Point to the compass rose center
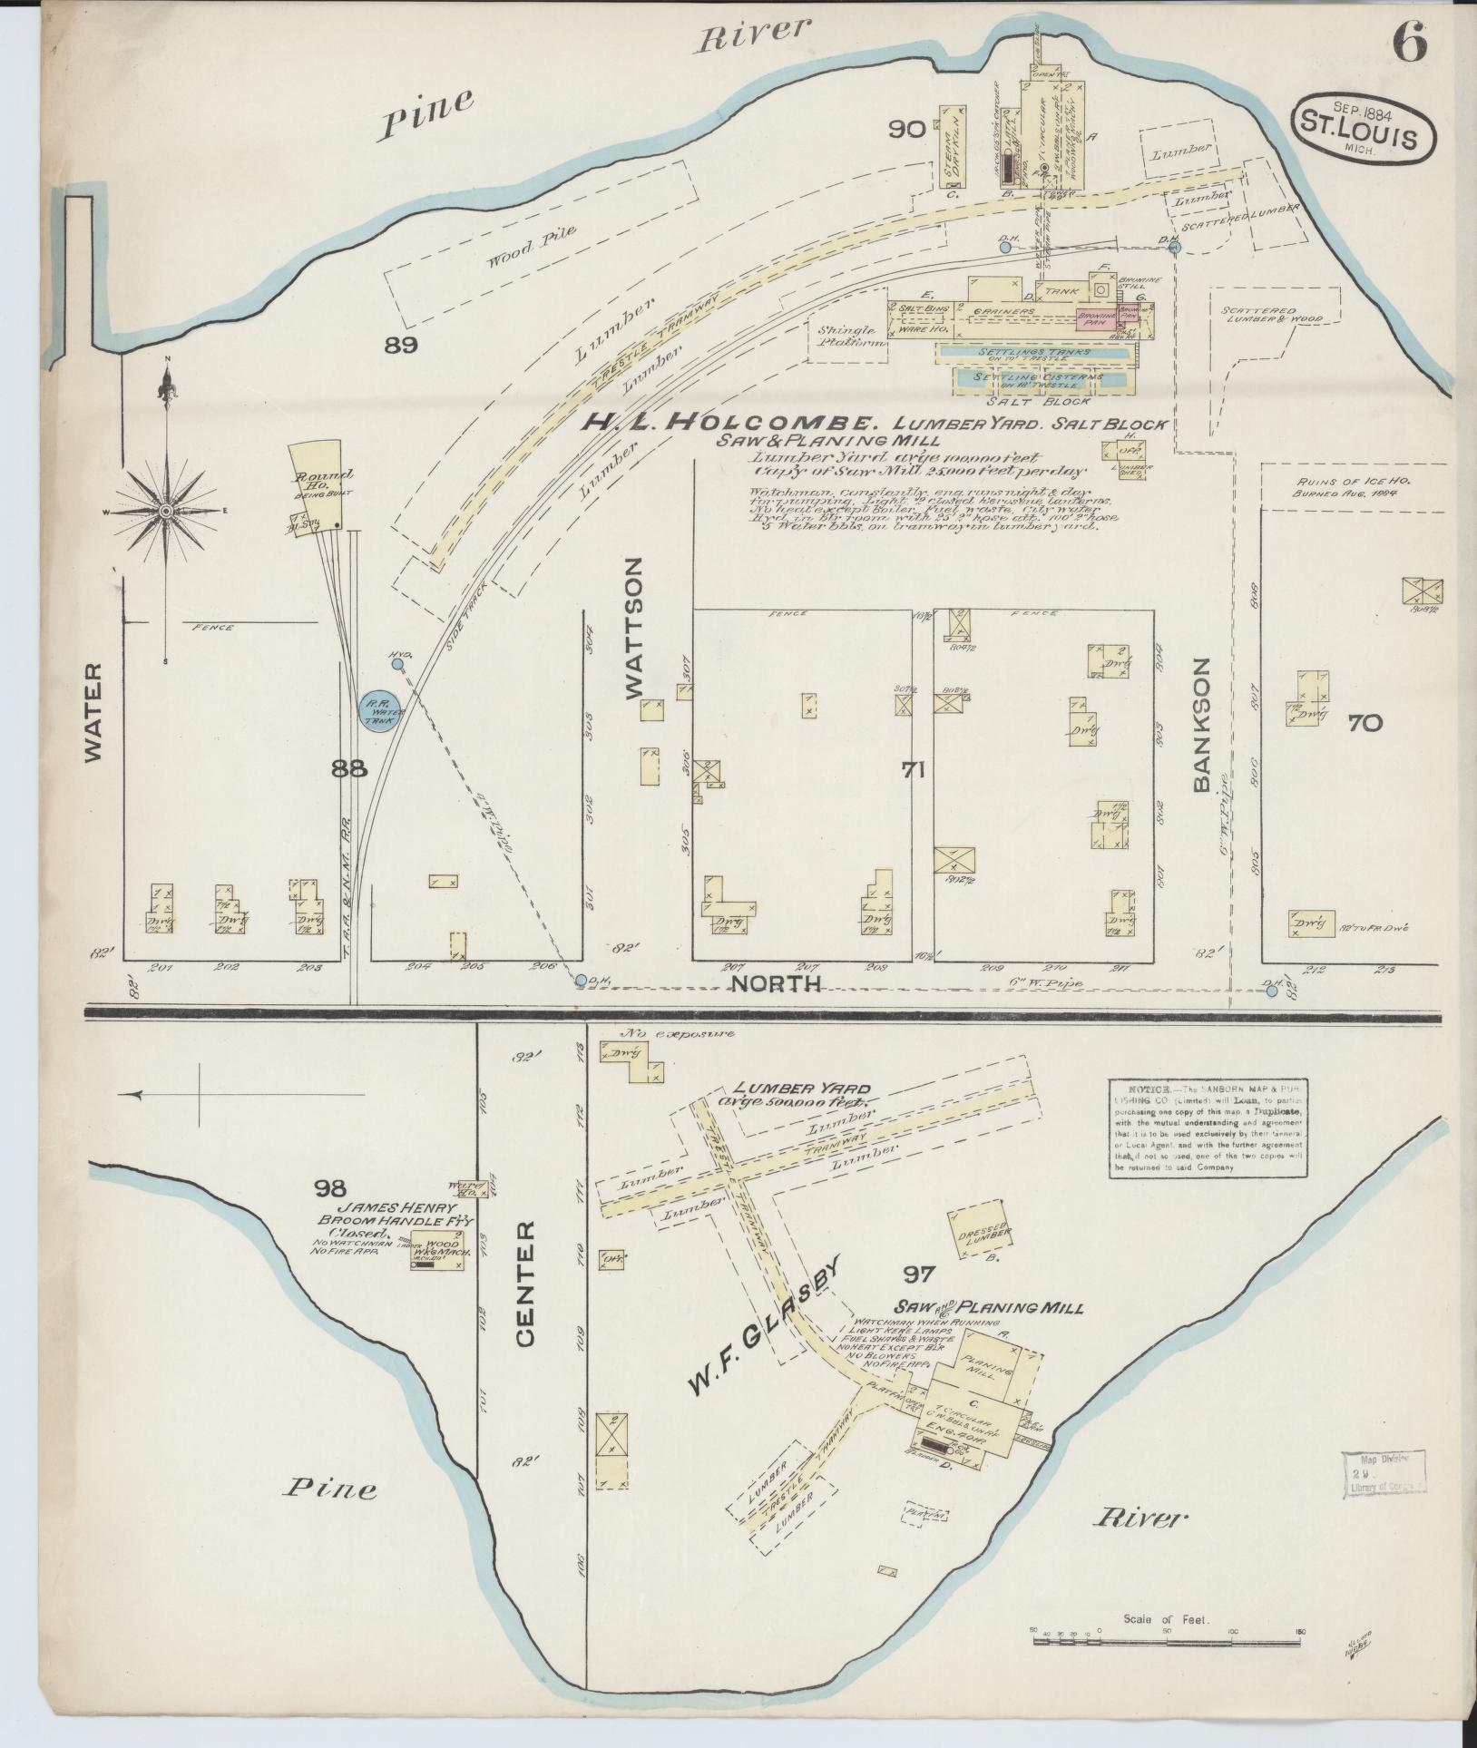(167, 513)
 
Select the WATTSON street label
(634, 628)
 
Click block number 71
(913, 770)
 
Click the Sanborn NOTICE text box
(1208, 1128)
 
